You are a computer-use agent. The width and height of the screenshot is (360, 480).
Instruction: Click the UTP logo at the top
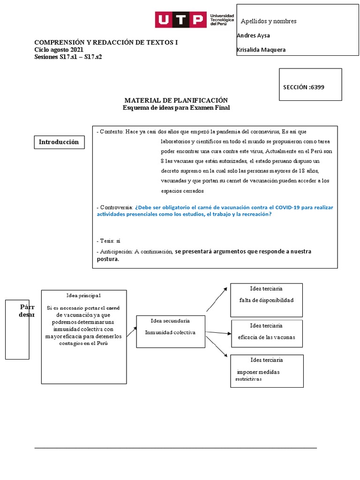pos(195,20)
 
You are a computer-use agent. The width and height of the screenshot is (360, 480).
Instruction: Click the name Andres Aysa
pos(253,36)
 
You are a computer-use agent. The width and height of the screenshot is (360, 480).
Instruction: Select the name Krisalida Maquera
pos(261,50)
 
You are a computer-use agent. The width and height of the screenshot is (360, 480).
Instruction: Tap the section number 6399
pos(317,87)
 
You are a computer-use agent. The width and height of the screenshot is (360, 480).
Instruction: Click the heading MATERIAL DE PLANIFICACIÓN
pos(176,100)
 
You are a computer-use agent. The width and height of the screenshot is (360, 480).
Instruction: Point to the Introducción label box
pos(59,142)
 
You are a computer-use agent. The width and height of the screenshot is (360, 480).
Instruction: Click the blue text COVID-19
pos(287,207)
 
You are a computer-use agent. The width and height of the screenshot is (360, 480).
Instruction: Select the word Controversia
pos(116,208)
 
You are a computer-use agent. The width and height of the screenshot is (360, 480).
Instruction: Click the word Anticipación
pos(116,252)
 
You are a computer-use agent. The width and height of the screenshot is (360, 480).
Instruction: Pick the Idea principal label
pos(83,295)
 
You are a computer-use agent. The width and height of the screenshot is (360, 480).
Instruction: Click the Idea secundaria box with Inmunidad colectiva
pos(171,331)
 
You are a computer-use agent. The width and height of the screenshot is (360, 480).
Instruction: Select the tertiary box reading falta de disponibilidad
pos(266,300)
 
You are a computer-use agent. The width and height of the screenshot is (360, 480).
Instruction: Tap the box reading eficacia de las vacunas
pos(267,334)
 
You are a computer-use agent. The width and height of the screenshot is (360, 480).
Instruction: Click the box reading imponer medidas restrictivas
pos(267,371)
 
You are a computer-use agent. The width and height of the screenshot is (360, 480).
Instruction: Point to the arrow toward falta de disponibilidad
pos(217,300)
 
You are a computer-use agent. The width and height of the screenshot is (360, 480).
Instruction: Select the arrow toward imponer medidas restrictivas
pos(217,346)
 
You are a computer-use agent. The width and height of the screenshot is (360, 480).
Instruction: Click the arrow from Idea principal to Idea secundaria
pos(132,331)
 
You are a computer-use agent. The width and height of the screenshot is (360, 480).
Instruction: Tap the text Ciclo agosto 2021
pos(59,50)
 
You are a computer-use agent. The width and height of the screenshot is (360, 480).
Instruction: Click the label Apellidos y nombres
pos(269,21)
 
